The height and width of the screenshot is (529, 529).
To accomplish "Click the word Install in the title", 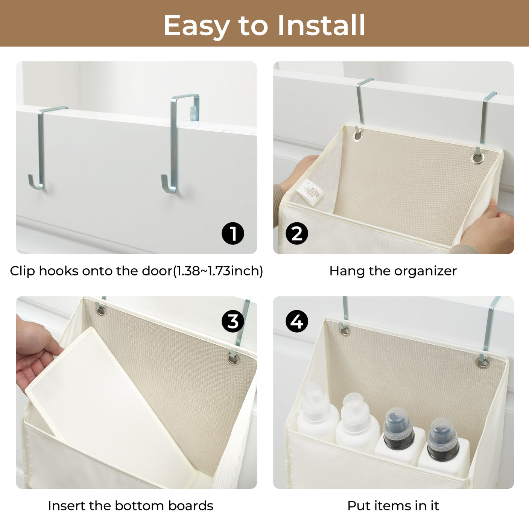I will (321, 25).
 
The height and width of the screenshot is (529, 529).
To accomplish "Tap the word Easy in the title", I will (196, 26).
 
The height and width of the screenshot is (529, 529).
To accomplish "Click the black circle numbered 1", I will (233, 233).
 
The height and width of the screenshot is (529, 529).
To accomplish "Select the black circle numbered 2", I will (297, 233).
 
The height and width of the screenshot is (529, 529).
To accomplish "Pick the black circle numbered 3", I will (233, 321).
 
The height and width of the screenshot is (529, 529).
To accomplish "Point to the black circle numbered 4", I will (297, 321).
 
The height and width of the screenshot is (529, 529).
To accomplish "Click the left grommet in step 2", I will (357, 135).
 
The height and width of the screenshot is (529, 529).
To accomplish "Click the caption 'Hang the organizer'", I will (393, 271).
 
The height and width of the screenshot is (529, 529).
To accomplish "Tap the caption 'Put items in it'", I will (393, 506).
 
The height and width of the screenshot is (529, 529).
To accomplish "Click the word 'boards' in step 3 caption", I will (191, 506).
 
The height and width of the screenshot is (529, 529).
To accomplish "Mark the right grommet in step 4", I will (483, 363).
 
